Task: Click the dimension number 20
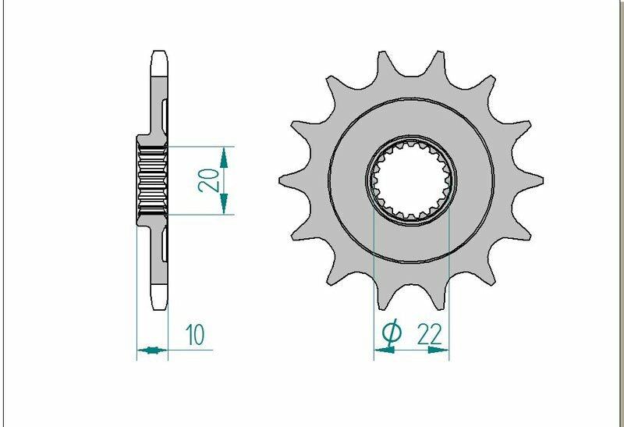pos(207,180)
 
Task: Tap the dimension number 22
pos(429,334)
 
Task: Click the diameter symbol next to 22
pos(392,333)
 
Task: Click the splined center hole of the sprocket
pos(412,180)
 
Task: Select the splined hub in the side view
pos(151,180)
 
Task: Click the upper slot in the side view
pos(165,114)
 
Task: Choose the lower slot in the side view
pos(165,245)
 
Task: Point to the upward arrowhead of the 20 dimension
pos(225,158)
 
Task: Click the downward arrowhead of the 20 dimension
pos(225,204)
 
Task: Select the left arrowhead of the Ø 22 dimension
pos(383,350)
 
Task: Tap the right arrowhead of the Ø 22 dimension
pos(441,350)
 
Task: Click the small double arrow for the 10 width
pos(152,350)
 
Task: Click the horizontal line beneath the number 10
pos(191,350)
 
